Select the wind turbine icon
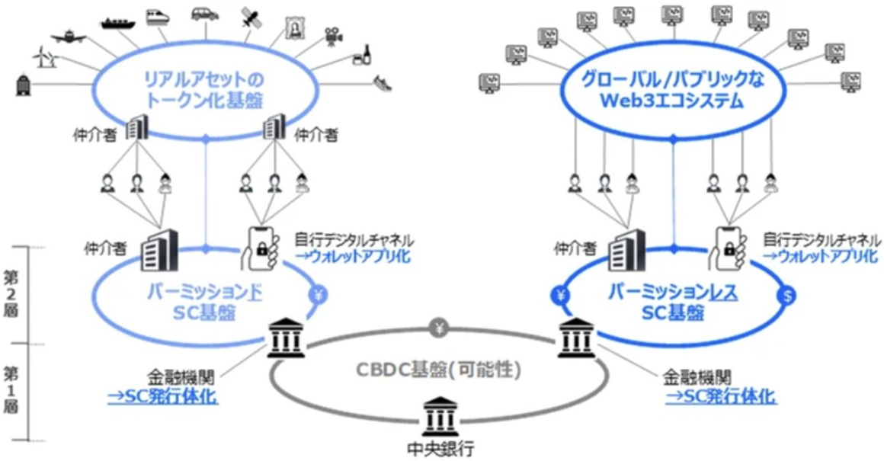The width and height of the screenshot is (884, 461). point(42,56)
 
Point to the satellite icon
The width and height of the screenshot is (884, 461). point(251,17)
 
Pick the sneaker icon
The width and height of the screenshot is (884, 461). point(383,82)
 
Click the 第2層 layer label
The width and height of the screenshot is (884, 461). point(12,293)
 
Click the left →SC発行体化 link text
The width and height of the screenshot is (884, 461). point(162,397)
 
